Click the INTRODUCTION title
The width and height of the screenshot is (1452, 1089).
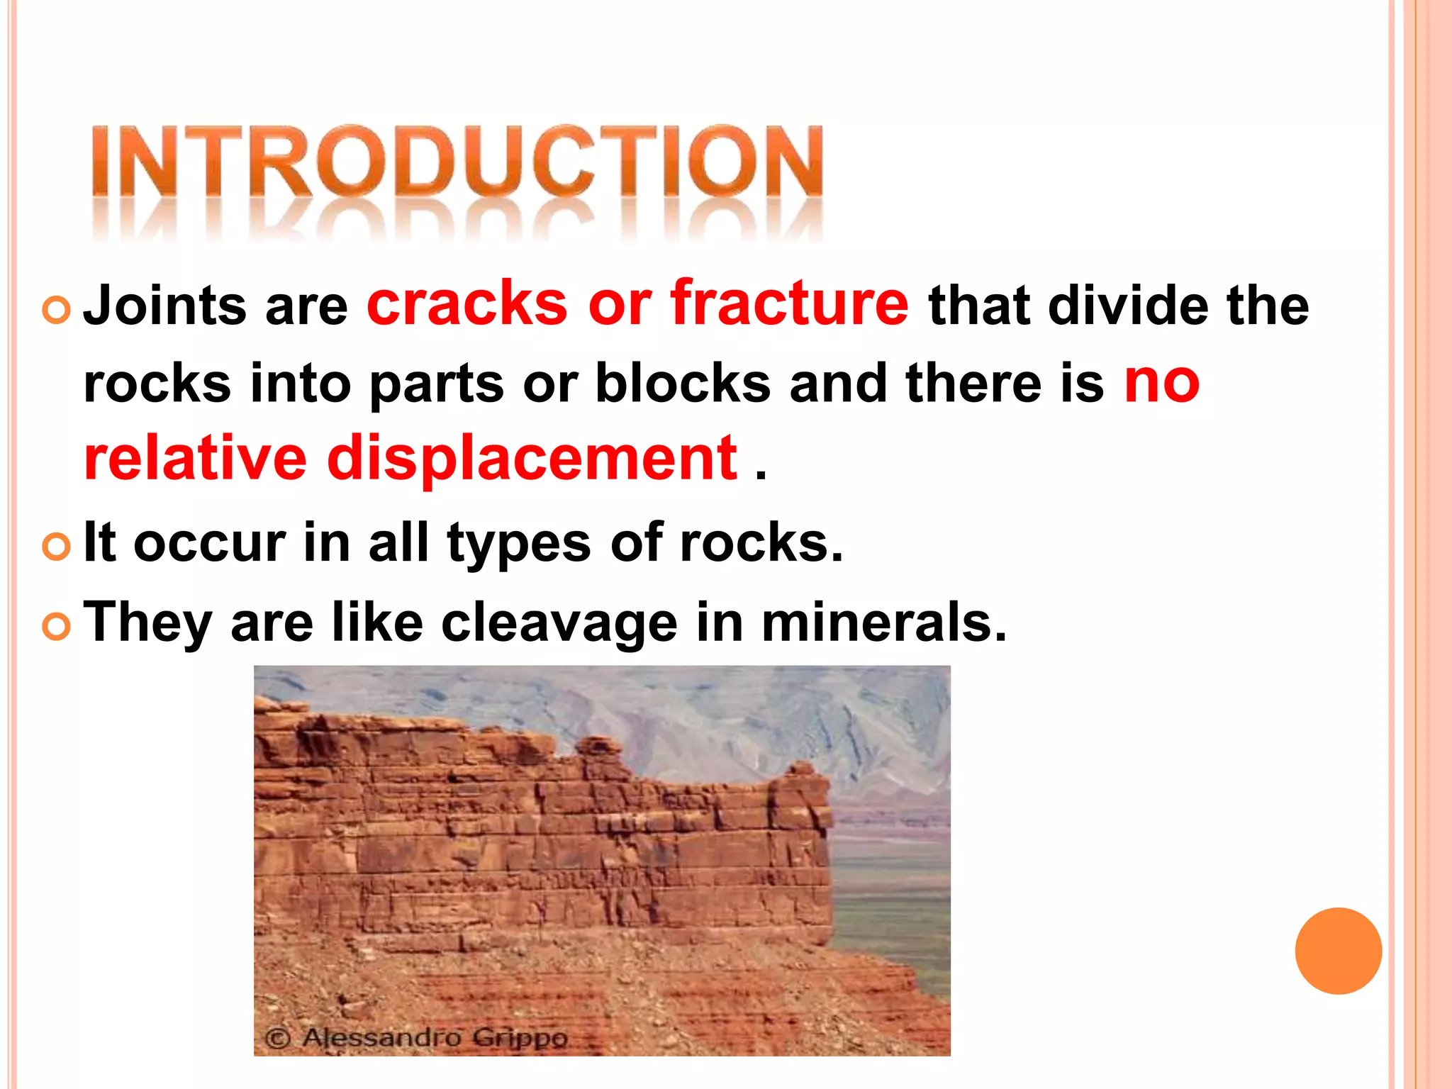pyautogui.click(x=457, y=162)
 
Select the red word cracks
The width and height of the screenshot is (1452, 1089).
pyautogui.click(x=467, y=303)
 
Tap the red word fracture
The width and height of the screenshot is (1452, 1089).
pyautogui.click(x=789, y=303)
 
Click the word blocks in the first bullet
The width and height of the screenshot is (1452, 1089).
pyautogui.click(x=682, y=383)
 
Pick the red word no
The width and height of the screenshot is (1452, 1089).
pyautogui.click(x=1161, y=381)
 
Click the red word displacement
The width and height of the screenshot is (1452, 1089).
pyautogui.click(x=532, y=459)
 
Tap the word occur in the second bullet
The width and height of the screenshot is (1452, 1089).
pyautogui.click(x=209, y=542)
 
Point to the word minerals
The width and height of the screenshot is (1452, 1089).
pyautogui.click(x=883, y=622)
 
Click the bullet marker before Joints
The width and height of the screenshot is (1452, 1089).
pyautogui.click(x=56, y=310)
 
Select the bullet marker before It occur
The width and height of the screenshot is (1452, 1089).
pyautogui.click(x=56, y=547)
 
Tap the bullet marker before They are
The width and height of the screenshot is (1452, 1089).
pyautogui.click(x=56, y=627)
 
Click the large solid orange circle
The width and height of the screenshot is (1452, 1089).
pyautogui.click(x=1338, y=951)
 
